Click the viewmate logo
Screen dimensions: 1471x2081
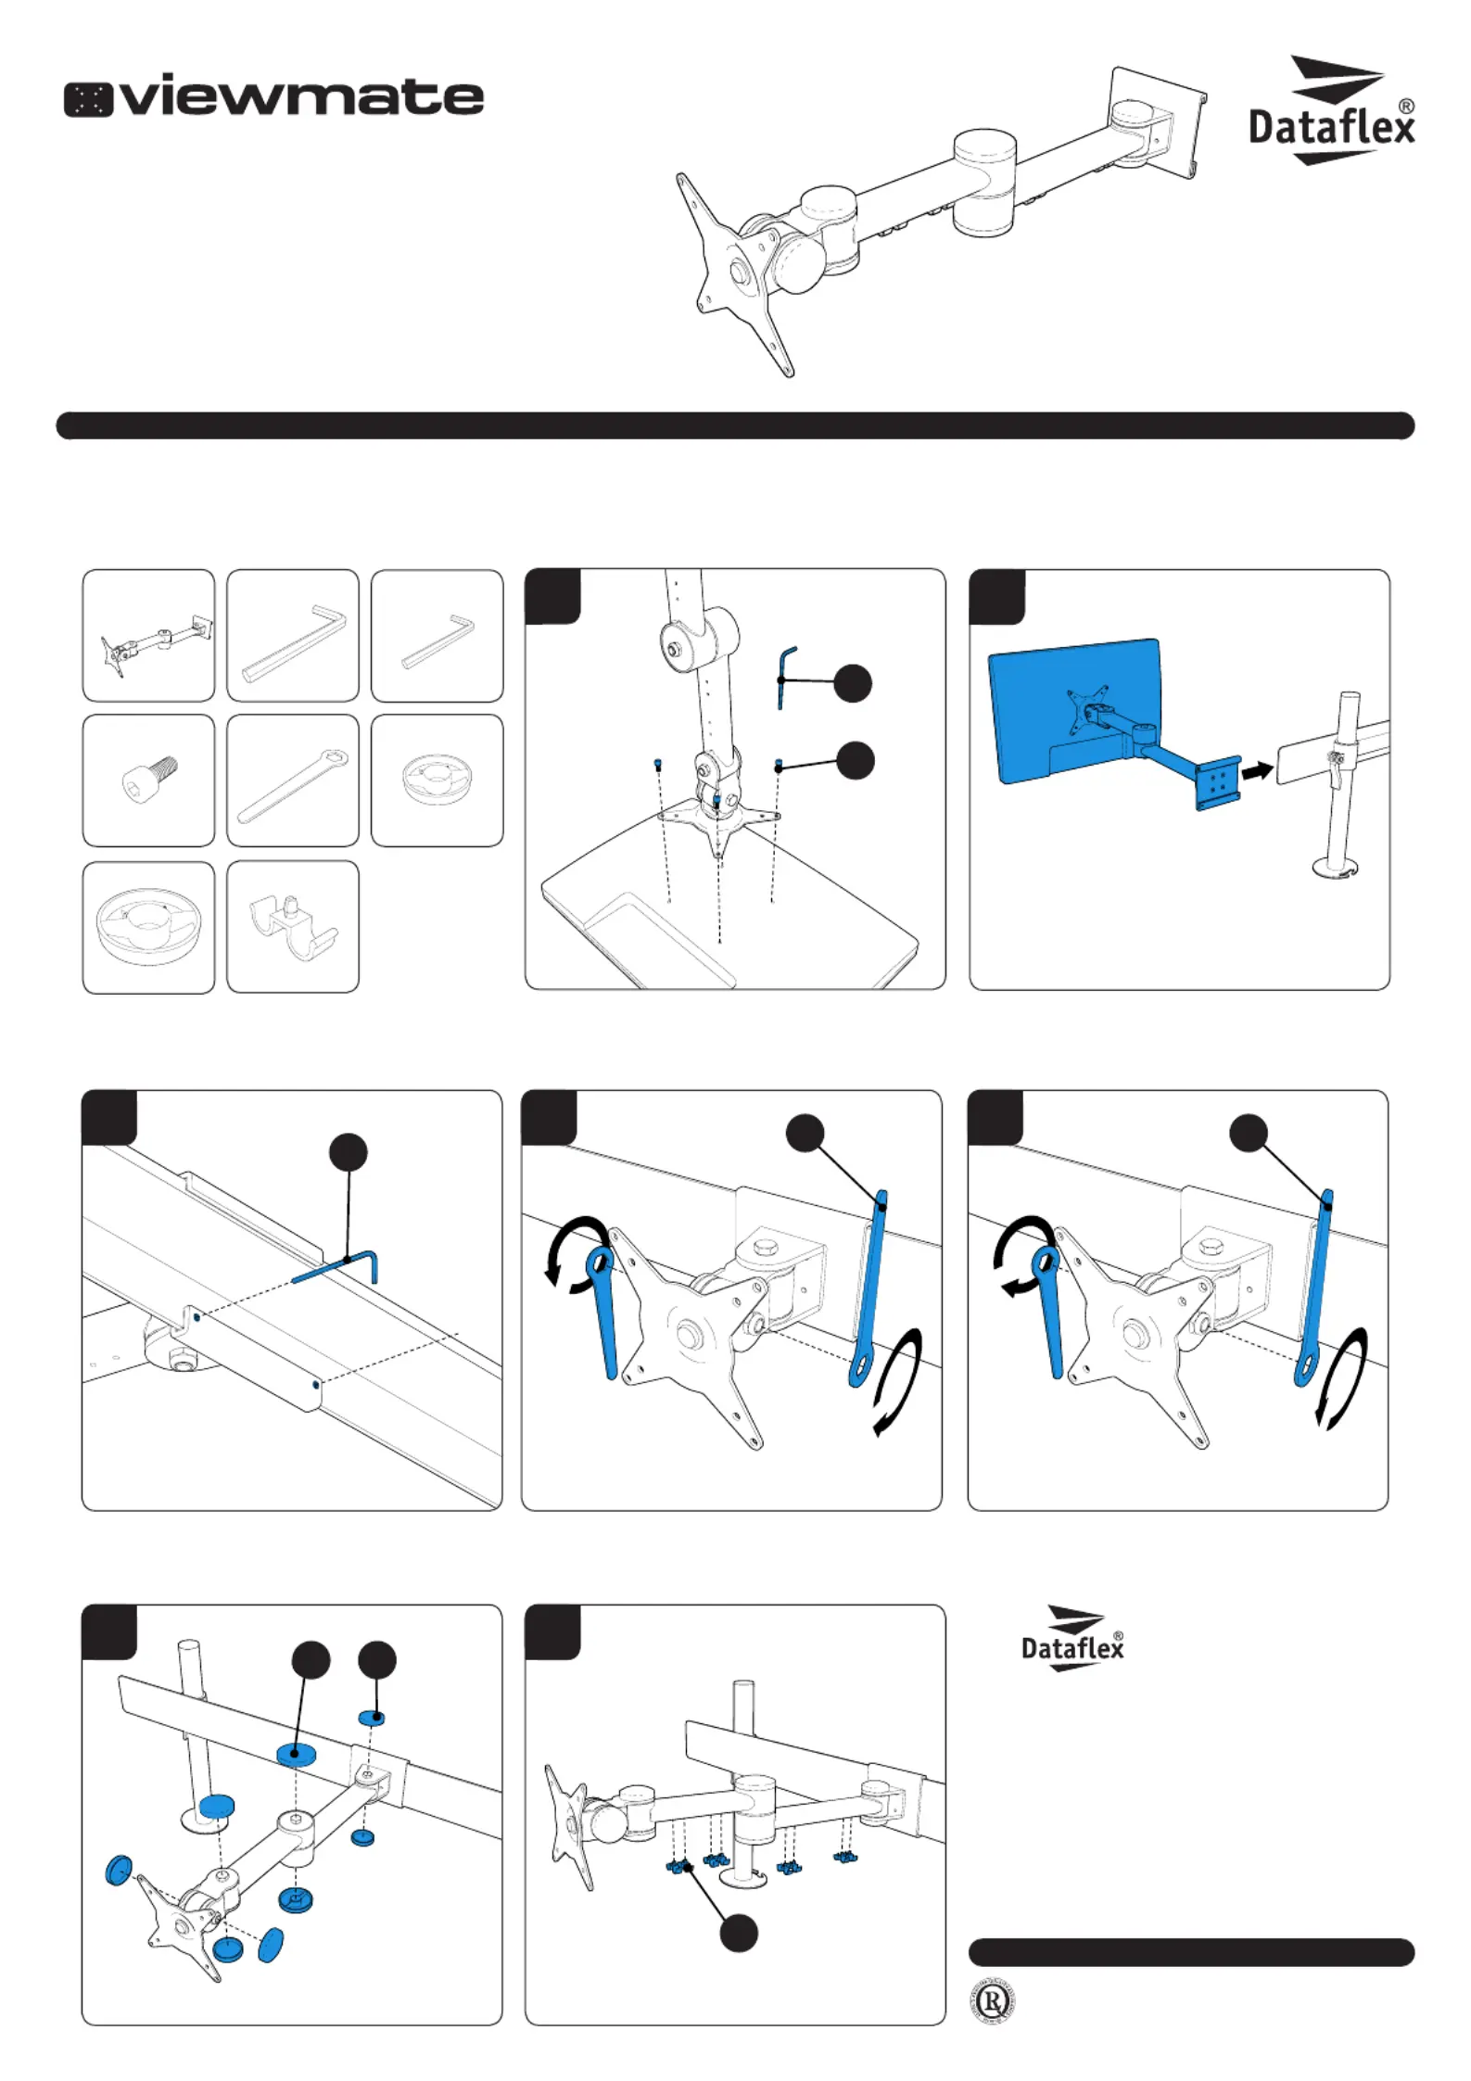(273, 96)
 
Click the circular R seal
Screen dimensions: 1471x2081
(992, 2003)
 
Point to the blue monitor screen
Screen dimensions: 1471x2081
(1075, 709)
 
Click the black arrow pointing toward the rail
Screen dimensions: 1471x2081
(1258, 769)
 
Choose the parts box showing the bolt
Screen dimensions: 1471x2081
(148, 780)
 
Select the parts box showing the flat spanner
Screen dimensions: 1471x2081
(293, 780)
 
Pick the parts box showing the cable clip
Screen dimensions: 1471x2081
(293, 927)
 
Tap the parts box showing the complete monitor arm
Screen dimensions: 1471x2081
(148, 636)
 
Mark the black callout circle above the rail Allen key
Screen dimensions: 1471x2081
(349, 1152)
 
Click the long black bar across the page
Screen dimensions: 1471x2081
(735, 425)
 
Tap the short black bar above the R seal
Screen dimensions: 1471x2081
(1191, 1952)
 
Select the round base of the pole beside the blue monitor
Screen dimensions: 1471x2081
(1338, 868)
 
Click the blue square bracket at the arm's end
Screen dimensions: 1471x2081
(1218, 783)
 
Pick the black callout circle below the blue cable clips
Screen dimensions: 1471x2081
(739, 1934)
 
